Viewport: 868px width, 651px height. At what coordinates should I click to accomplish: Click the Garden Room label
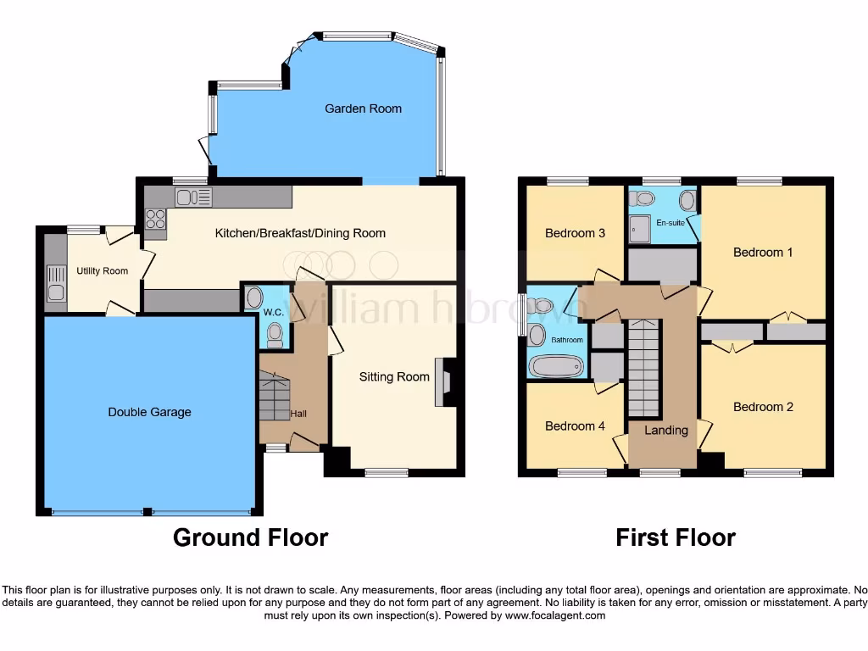(x=363, y=108)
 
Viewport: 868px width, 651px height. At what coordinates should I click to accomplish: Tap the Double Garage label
(x=149, y=412)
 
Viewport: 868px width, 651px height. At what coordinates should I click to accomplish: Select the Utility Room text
(x=102, y=271)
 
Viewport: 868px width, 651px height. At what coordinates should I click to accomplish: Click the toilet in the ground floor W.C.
(x=274, y=337)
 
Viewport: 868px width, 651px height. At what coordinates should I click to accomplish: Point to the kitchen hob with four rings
(x=156, y=219)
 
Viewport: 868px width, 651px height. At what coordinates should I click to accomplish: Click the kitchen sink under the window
(x=194, y=198)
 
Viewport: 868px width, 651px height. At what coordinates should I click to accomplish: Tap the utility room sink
(x=56, y=283)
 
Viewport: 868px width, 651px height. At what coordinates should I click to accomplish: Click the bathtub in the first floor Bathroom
(x=556, y=366)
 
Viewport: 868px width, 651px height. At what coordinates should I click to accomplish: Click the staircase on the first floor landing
(x=643, y=368)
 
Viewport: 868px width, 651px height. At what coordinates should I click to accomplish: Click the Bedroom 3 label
(x=575, y=233)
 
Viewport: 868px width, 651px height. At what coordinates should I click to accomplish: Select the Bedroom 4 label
(x=575, y=426)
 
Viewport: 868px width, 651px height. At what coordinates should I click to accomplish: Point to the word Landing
(x=666, y=431)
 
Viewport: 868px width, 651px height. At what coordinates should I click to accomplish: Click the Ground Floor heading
(x=250, y=537)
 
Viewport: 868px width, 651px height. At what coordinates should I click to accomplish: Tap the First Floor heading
(x=676, y=537)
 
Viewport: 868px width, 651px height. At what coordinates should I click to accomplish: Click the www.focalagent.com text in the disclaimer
(x=554, y=615)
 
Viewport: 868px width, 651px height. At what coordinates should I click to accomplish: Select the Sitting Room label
(x=394, y=376)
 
